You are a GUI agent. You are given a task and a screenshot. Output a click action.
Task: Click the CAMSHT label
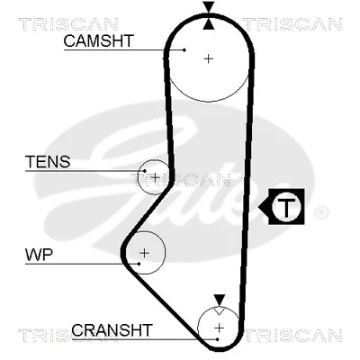[x=98, y=40]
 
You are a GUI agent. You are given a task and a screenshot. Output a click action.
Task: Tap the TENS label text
[x=48, y=162]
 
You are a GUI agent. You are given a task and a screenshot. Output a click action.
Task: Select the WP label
[x=39, y=255]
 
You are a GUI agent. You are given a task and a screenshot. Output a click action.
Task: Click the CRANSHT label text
[x=112, y=330]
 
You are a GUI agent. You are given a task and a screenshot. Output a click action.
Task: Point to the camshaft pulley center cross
[x=208, y=58]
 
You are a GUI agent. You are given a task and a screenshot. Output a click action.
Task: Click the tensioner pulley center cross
[x=155, y=177]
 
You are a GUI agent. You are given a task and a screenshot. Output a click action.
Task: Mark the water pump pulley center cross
[x=145, y=253]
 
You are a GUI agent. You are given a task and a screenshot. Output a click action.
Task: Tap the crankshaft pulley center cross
[x=220, y=328]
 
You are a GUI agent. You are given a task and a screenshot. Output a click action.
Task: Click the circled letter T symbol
[x=286, y=207]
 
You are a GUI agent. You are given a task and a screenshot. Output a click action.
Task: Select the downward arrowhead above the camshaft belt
[x=209, y=7]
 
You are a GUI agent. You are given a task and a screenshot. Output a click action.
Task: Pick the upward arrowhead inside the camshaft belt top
[x=209, y=24]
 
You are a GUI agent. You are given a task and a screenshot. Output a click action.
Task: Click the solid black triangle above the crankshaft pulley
[x=220, y=301]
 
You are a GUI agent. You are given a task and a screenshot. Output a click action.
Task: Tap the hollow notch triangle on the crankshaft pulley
[x=220, y=310]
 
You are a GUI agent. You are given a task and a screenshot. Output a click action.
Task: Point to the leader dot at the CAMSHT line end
[x=184, y=49]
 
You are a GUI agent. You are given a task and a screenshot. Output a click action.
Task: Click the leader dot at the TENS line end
[x=145, y=171]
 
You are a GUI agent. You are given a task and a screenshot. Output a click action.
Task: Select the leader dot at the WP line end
[x=139, y=264]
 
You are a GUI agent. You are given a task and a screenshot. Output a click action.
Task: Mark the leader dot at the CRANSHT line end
[x=217, y=339]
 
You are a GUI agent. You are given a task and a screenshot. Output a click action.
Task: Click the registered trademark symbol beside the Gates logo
[x=320, y=212]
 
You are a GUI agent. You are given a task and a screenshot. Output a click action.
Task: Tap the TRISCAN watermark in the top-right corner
[x=292, y=24]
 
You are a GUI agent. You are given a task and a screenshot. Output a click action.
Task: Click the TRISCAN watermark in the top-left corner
[x=68, y=24]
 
